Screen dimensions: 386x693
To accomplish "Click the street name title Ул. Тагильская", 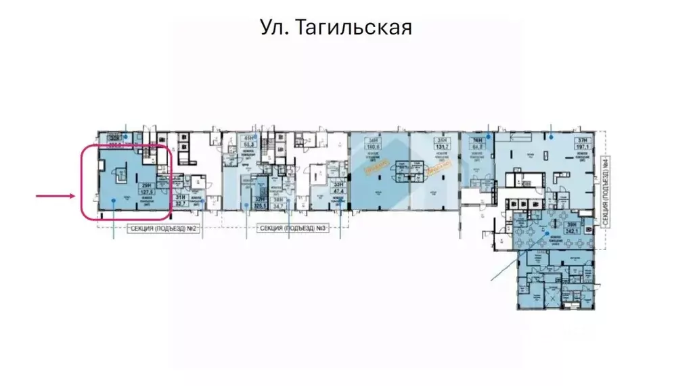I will click(x=336, y=28).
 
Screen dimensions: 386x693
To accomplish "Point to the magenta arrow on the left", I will click(x=55, y=196).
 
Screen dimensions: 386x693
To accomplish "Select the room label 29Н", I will click(x=145, y=185).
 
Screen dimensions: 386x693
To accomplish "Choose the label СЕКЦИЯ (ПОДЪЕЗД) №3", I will click(x=292, y=229).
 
